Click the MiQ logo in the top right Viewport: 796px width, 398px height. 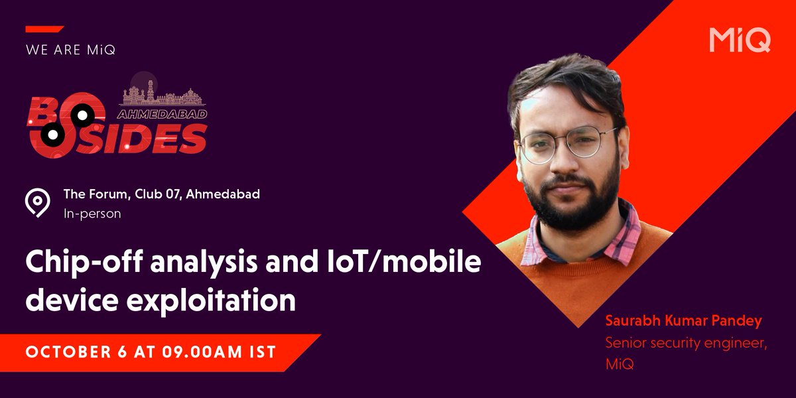[x=739, y=40]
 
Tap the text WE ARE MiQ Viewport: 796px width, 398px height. [x=70, y=50]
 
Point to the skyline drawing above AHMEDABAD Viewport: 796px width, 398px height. [x=161, y=92]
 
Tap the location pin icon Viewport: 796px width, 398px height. [x=37, y=202]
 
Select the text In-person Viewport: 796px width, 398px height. [x=92, y=214]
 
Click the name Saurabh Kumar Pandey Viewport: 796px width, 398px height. [x=683, y=321]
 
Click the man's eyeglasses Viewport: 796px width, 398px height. [x=568, y=142]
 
